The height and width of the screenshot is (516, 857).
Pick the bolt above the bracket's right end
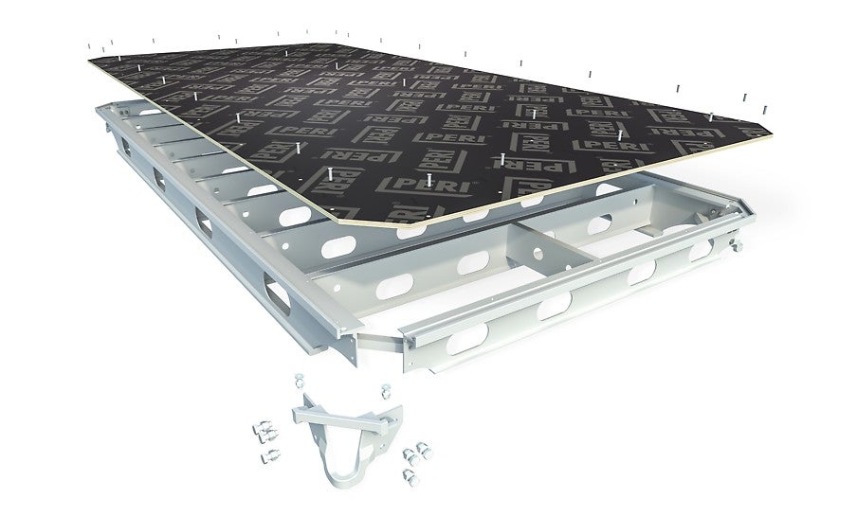pyautogui.click(x=385, y=392)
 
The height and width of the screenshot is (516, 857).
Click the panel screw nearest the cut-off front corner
pyautogui.click(x=329, y=174)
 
